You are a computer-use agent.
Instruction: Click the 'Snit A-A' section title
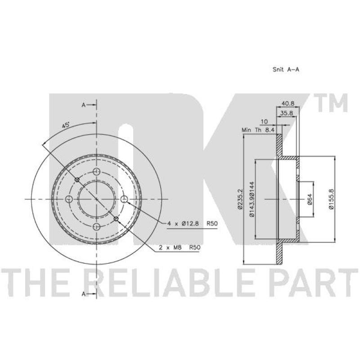click(x=286, y=69)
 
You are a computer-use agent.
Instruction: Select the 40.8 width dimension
click(x=288, y=103)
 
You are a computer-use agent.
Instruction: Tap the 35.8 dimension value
click(x=287, y=113)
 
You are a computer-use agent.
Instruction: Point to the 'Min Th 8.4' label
click(x=258, y=130)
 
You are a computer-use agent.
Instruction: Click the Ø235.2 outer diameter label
click(x=240, y=199)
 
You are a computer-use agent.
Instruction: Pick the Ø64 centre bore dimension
click(x=310, y=199)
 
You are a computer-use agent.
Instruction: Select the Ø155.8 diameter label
click(x=331, y=199)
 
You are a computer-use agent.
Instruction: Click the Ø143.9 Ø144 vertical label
click(x=252, y=199)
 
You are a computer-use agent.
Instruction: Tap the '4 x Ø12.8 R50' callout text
click(x=192, y=223)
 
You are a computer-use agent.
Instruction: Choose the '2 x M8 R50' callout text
click(x=180, y=247)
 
